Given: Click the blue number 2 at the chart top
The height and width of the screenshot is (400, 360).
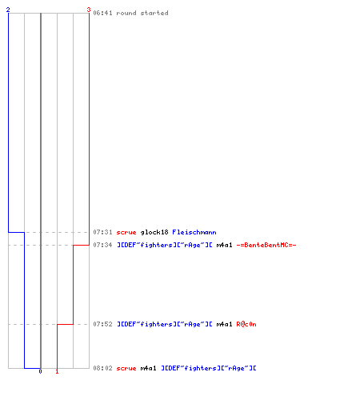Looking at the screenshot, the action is click(x=8, y=10).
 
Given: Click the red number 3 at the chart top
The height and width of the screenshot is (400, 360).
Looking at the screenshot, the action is click(x=89, y=10).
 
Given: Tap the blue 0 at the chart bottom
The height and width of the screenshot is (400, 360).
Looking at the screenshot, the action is click(x=40, y=371).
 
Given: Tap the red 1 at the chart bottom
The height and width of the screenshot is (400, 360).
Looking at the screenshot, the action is click(x=57, y=371).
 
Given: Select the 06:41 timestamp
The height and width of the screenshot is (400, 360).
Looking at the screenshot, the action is click(x=102, y=13).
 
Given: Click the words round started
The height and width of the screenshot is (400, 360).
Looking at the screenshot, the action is click(x=142, y=13).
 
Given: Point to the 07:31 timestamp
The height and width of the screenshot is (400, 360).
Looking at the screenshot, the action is click(x=102, y=232).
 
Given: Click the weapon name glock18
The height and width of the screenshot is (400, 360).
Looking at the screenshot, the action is click(x=154, y=232).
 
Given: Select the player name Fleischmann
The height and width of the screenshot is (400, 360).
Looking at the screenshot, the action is click(x=194, y=232).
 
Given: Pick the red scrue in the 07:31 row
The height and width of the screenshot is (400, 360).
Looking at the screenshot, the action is click(x=126, y=233).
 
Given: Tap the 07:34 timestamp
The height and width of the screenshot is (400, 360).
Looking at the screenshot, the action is click(x=102, y=245).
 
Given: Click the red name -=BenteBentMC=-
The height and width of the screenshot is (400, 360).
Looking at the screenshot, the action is click(x=266, y=245).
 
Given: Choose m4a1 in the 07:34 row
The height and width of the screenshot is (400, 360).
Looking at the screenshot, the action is click(x=224, y=245).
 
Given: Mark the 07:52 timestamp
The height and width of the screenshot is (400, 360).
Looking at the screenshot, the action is click(x=102, y=324).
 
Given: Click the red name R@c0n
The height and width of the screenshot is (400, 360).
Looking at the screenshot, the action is click(x=246, y=324).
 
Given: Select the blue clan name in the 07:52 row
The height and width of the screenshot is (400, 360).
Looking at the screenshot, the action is click(x=165, y=324).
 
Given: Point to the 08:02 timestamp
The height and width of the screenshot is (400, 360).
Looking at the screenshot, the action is click(x=102, y=368).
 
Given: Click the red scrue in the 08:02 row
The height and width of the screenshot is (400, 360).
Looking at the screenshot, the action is click(x=126, y=369).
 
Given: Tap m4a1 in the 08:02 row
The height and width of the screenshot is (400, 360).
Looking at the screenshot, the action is click(x=148, y=368).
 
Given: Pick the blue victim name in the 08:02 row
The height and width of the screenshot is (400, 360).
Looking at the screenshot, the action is click(x=209, y=368).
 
